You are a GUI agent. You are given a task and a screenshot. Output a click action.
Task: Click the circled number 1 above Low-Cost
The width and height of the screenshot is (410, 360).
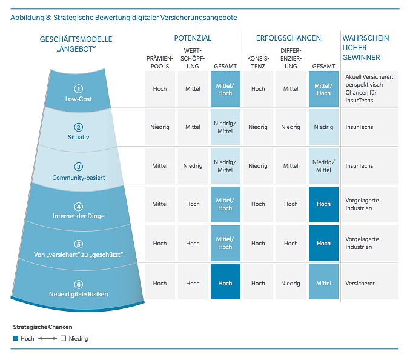(79, 89)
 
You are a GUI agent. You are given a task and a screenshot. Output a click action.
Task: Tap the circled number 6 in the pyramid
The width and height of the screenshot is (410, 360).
(79, 284)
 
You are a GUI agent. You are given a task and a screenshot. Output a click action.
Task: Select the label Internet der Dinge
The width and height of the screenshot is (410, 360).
(79, 216)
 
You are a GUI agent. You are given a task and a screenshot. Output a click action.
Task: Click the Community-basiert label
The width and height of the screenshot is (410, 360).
(79, 178)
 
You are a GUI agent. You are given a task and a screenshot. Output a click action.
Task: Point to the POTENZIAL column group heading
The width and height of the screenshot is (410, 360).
(193, 38)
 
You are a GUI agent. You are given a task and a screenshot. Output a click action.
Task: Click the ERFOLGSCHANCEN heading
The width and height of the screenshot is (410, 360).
(288, 38)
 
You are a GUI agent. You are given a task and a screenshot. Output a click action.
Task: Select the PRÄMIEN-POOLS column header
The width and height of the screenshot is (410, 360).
(160, 62)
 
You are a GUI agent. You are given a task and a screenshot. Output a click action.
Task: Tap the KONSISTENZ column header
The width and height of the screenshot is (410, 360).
(258, 62)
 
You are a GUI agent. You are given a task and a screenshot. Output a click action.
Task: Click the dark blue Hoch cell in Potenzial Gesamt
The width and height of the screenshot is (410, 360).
(225, 281)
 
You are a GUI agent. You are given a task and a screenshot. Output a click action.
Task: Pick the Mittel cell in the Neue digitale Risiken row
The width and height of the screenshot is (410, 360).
(323, 281)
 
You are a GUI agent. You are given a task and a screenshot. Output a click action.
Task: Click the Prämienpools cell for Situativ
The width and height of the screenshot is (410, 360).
(160, 127)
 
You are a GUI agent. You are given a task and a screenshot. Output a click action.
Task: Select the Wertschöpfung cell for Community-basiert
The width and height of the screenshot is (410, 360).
(193, 166)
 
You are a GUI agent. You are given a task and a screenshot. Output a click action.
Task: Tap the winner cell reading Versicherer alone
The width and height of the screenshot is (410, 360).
(370, 281)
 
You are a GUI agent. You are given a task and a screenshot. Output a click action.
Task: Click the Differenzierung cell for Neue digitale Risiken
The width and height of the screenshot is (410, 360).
(291, 281)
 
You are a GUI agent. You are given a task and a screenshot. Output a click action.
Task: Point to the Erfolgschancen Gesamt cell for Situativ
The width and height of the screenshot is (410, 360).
(323, 127)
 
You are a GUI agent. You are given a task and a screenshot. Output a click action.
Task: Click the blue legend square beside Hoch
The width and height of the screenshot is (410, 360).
(16, 338)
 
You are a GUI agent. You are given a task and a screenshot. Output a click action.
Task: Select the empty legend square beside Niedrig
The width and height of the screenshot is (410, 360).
(63, 338)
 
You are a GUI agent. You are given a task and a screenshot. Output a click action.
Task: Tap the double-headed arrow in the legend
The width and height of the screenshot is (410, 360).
(47, 338)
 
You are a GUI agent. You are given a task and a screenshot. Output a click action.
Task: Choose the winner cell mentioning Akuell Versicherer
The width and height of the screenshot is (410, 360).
(370, 88)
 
